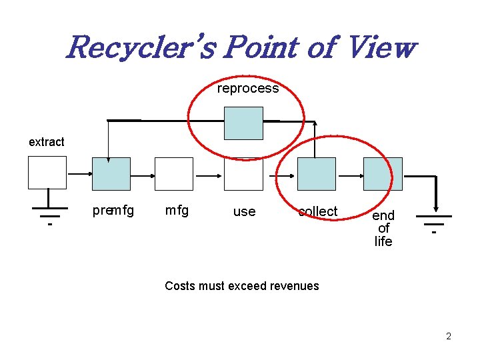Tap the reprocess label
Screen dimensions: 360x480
tap(248, 89)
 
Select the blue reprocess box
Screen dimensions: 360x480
tap(243, 123)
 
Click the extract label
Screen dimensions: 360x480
tap(47, 142)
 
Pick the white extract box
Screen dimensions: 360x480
tap(47, 173)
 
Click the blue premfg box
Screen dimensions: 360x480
tap(111, 174)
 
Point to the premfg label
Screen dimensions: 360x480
tap(113, 211)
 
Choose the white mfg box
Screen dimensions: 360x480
tap(174, 174)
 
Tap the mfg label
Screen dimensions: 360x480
tap(177, 211)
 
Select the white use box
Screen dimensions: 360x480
tap(243, 174)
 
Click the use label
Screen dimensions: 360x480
tap(244, 211)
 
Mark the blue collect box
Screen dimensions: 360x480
tap(316, 174)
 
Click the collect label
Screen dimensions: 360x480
tap(318, 211)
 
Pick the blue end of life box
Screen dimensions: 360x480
tap(383, 174)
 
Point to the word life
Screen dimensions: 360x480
tap(383, 241)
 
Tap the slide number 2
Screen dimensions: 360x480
tap(449, 336)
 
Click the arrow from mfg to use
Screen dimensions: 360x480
tap(209, 175)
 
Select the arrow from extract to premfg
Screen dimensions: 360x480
tap(79, 173)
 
